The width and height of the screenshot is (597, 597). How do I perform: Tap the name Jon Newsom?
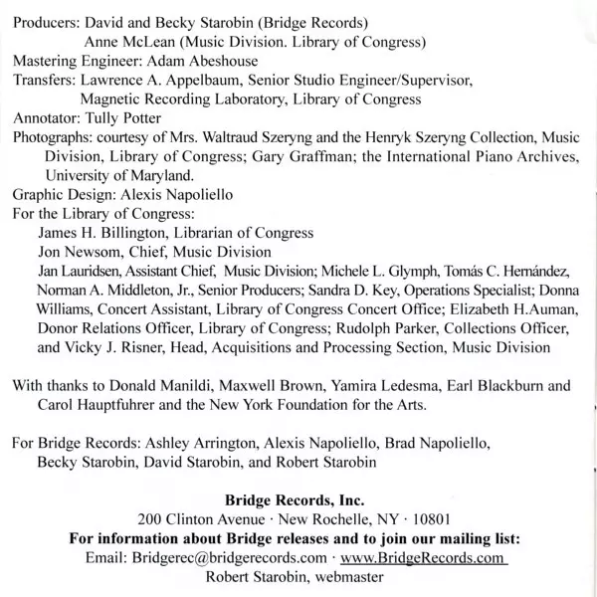point(78,252)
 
